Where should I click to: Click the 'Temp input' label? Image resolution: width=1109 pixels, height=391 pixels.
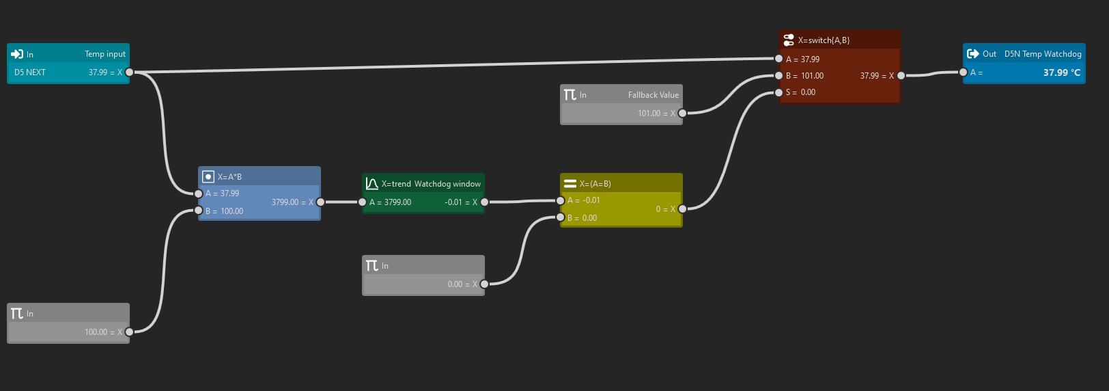[x=104, y=54]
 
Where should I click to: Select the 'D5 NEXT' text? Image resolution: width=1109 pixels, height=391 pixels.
[x=30, y=72]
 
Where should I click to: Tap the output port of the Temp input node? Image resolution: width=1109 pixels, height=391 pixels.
[x=130, y=72]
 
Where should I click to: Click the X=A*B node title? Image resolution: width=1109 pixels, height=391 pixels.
[x=229, y=177]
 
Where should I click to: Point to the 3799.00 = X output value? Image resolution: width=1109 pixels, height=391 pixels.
[x=292, y=202]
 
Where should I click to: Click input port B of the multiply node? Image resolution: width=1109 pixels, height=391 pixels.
[x=199, y=211]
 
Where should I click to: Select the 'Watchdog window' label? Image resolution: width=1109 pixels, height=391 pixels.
[x=447, y=184]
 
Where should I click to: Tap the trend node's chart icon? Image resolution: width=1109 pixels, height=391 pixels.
[x=371, y=184]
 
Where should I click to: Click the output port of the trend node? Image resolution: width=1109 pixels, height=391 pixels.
[x=485, y=202]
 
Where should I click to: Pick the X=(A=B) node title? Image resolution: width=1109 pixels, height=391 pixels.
[x=595, y=184]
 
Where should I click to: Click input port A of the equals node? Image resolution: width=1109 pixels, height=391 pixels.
[x=561, y=200]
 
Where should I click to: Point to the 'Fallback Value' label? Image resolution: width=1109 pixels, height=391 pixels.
[x=654, y=95]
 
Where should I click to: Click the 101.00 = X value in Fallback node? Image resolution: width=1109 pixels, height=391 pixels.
[x=656, y=113]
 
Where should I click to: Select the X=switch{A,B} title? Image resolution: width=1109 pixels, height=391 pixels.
[x=824, y=40]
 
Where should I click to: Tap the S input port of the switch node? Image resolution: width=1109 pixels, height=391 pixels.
[x=779, y=92]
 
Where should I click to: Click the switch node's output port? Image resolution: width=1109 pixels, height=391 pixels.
[x=901, y=76]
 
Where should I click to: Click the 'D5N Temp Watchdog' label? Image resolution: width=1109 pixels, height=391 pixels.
[x=1043, y=54]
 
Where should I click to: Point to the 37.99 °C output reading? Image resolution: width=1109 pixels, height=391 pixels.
[x=1061, y=72]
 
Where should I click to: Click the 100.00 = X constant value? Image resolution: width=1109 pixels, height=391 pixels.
[x=103, y=332]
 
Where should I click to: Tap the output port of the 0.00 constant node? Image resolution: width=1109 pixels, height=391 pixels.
[x=485, y=284]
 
